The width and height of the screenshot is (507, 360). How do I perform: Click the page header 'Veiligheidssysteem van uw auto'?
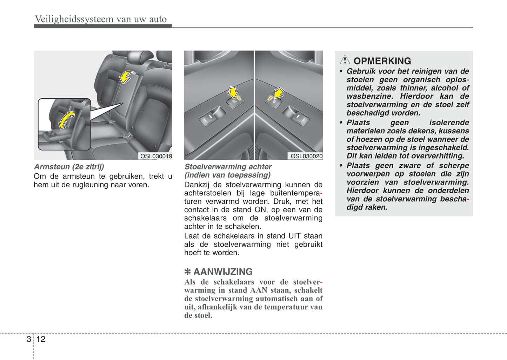[101, 19]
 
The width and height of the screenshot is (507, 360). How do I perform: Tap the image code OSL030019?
[156, 156]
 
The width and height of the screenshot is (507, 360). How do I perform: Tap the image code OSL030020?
[306, 156]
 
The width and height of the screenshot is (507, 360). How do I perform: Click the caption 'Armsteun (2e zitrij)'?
[69, 167]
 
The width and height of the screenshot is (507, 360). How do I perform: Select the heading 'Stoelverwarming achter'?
[228, 167]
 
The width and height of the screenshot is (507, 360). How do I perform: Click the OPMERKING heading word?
[382, 61]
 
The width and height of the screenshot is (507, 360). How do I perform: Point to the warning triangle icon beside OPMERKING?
[345, 60]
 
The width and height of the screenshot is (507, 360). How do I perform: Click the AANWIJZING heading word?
[223, 272]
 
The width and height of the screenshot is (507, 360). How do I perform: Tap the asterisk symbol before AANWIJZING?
[188, 272]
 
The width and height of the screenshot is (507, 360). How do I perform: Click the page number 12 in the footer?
[41, 339]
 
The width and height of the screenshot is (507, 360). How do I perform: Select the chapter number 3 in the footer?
[28, 339]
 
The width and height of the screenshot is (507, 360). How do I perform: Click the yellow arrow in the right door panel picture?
[279, 93]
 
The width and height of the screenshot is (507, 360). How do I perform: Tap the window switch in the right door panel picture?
[296, 115]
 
